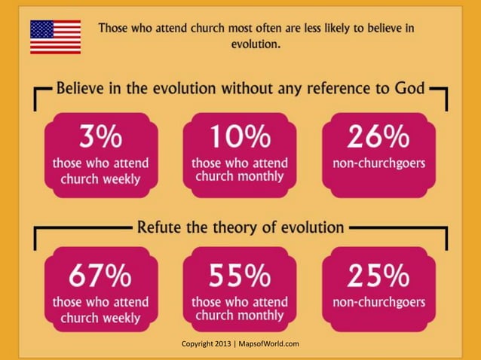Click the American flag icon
tap(55, 37)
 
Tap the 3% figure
tap(100, 138)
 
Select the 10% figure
tap(240, 138)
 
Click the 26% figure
tap(378, 138)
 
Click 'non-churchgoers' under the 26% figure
tap(378, 163)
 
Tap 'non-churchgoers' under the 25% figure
tap(378, 303)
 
